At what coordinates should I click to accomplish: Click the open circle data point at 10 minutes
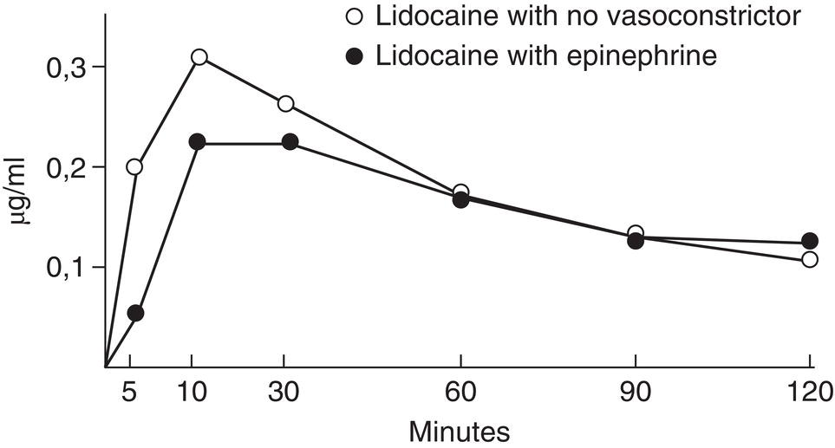pos(199,57)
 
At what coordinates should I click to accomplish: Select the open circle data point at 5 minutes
pos(134,166)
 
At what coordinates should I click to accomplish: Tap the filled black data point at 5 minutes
pos(134,313)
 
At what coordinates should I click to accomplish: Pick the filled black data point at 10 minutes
pos(197,141)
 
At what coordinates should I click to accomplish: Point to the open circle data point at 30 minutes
pos(286,104)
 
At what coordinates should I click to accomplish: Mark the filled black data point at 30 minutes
pos(290,141)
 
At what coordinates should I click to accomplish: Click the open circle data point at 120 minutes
pos(810,259)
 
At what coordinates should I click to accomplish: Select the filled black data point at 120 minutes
pos(810,241)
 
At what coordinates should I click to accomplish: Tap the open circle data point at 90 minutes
pos(636,232)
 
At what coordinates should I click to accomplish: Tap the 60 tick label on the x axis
pos(460,391)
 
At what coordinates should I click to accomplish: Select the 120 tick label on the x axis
pos(808,391)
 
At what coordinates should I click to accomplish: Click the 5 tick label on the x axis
pos(129,391)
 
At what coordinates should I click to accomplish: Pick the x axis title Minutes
pos(460,430)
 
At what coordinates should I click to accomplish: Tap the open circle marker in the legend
pos(355,17)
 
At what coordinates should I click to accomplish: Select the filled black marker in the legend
pos(355,55)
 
